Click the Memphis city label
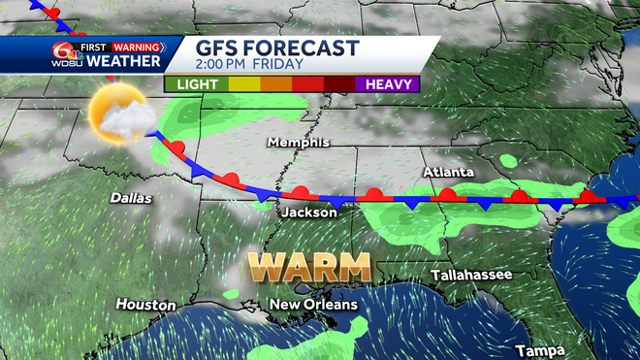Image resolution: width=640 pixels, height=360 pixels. (298, 143)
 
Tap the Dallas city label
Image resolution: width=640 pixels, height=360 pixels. (130, 197)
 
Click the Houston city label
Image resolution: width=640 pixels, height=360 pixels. (145, 305)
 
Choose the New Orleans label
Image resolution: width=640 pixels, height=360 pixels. (313, 305)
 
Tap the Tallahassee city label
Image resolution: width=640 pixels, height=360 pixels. (472, 276)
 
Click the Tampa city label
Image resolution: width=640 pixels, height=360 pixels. (540, 349)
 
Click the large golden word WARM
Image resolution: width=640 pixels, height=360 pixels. (309, 266)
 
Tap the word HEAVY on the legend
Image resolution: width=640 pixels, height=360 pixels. (392, 83)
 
